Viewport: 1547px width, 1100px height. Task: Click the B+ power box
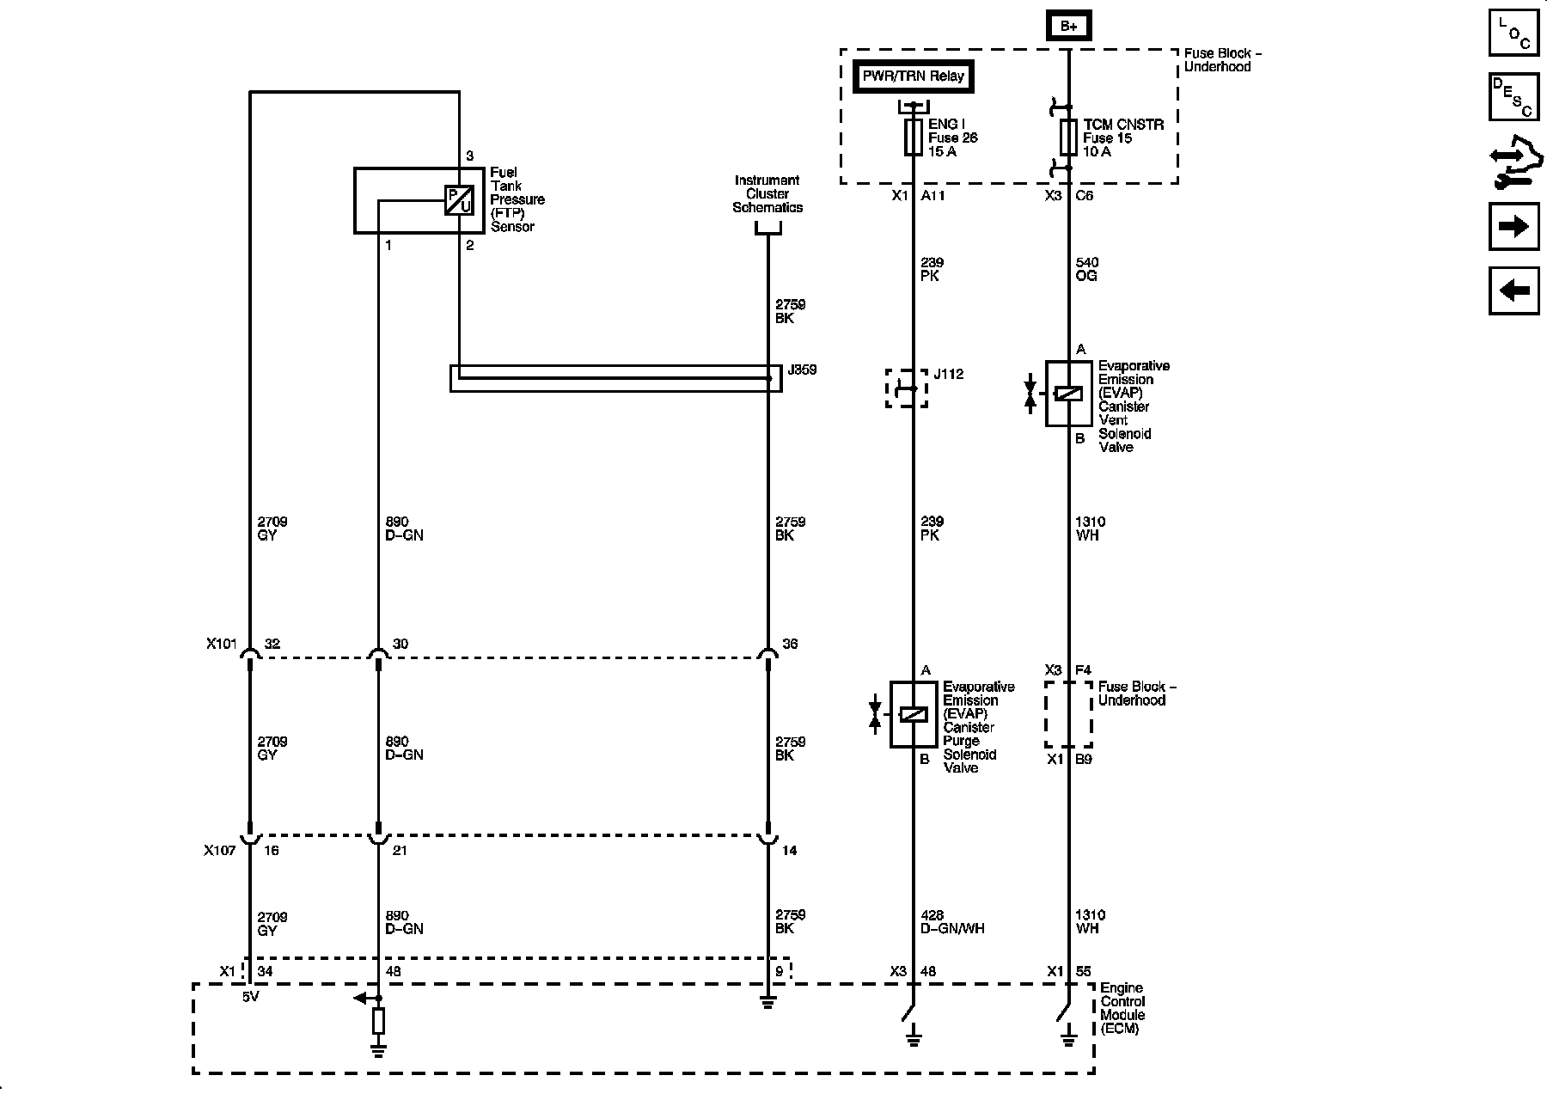1068,26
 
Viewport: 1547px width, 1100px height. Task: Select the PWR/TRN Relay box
914,76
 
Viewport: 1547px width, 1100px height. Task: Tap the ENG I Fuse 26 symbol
914,137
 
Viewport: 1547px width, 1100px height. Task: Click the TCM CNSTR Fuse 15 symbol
1068,137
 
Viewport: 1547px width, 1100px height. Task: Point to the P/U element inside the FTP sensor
459,200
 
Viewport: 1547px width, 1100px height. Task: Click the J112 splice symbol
907,388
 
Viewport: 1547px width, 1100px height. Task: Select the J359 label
801,370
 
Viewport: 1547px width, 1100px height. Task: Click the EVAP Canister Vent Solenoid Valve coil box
1069,394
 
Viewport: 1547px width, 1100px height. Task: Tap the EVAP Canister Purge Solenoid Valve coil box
913,714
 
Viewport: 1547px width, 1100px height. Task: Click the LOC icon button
1513,33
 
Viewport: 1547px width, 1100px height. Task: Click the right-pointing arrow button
1513,226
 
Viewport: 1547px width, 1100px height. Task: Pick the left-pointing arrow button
1513,290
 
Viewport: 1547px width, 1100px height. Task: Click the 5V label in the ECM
249,998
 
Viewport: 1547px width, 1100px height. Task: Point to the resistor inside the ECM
377,1022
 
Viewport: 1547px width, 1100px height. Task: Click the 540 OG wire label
1086,269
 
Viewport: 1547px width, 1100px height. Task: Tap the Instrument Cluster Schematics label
767,193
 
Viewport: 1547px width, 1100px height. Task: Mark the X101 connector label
221,644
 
